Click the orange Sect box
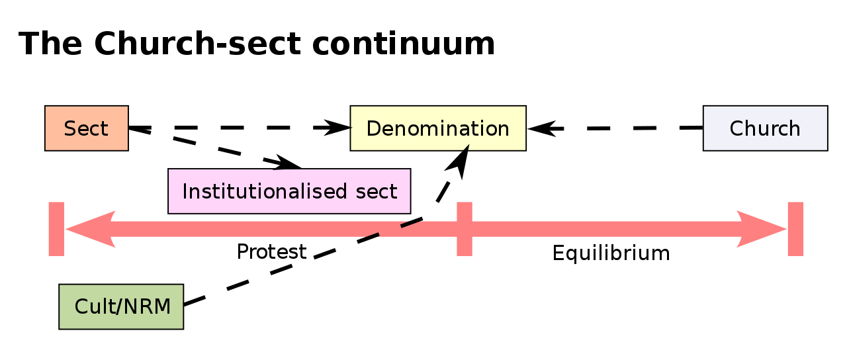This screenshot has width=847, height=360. point(86,128)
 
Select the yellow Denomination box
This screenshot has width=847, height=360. point(438,128)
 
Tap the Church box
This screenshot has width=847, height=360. point(765,128)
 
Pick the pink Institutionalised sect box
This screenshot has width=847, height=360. point(289,191)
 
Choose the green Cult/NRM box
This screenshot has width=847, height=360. point(121,306)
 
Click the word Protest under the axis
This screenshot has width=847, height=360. point(271,252)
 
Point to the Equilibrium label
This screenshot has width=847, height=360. point(611,253)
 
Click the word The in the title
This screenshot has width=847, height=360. point(50,45)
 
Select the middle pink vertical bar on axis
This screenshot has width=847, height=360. point(465,229)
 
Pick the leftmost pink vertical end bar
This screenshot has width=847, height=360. point(56,229)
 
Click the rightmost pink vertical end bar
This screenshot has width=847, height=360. point(795,229)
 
